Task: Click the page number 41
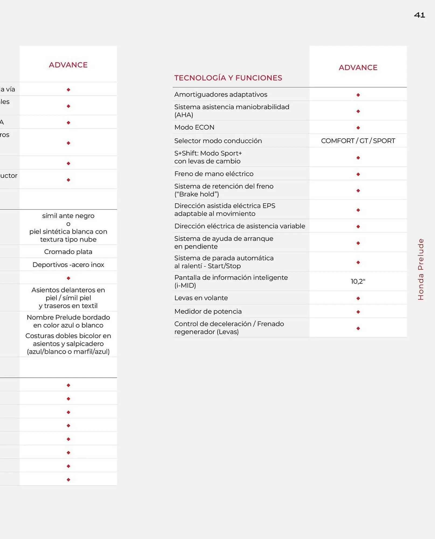pyautogui.click(x=419, y=15)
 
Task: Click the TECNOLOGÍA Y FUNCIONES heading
pyautogui.click(x=228, y=78)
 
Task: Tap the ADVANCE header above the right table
pyautogui.click(x=358, y=67)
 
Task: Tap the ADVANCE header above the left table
pyautogui.click(x=68, y=65)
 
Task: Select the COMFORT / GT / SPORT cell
pyautogui.click(x=358, y=141)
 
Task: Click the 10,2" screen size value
pyautogui.click(x=358, y=281)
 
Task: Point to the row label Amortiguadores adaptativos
pyautogui.click(x=221, y=95)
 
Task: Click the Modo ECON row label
pyautogui.click(x=194, y=127)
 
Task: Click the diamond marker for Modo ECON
pyautogui.click(x=358, y=128)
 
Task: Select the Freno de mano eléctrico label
pyautogui.click(x=214, y=174)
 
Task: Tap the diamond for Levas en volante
pyautogui.click(x=358, y=298)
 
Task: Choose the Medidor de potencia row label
pyautogui.click(x=208, y=312)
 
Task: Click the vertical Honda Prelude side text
pyautogui.click(x=420, y=269)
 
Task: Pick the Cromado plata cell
pyautogui.click(x=68, y=252)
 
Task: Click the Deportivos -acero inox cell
pyautogui.click(x=68, y=265)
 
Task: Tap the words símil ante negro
pyautogui.click(x=68, y=216)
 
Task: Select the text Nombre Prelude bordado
pyautogui.click(x=68, y=317)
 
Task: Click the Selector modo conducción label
pyautogui.click(x=218, y=141)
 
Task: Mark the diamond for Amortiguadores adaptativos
pyautogui.click(x=358, y=95)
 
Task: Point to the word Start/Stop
pyautogui.click(x=224, y=266)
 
